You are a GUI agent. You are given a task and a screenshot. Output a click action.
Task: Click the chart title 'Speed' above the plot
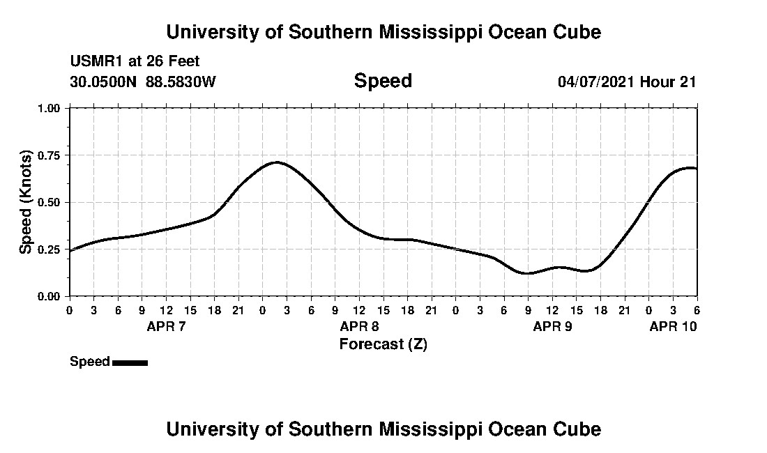coord(383,81)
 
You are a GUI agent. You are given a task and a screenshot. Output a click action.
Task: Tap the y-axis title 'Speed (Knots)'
coord(26,201)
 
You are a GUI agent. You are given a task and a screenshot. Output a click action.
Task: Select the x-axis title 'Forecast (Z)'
coord(383,344)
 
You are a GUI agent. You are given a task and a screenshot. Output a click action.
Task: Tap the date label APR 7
coord(166,326)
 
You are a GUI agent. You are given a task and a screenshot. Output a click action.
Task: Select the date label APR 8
coord(359,326)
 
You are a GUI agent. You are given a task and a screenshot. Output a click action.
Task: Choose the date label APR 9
coord(552,326)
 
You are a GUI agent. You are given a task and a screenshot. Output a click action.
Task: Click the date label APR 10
coord(673,326)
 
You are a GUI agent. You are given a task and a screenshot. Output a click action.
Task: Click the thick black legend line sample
coord(130,362)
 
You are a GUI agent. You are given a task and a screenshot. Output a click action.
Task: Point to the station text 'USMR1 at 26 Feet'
coord(135,62)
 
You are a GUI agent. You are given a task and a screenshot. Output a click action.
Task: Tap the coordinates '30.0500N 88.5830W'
coord(143,82)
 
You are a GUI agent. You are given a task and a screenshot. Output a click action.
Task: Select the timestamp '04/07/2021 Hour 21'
coord(627,82)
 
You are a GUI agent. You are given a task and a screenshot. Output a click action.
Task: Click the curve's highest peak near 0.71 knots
coord(277,162)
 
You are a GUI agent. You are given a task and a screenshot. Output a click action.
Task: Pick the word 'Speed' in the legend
coord(89,362)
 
